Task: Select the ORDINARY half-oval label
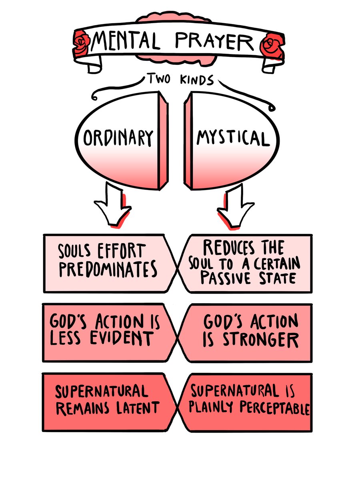tap(118, 138)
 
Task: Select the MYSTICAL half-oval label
tap(232, 138)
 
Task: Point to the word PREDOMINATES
tap(108, 270)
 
